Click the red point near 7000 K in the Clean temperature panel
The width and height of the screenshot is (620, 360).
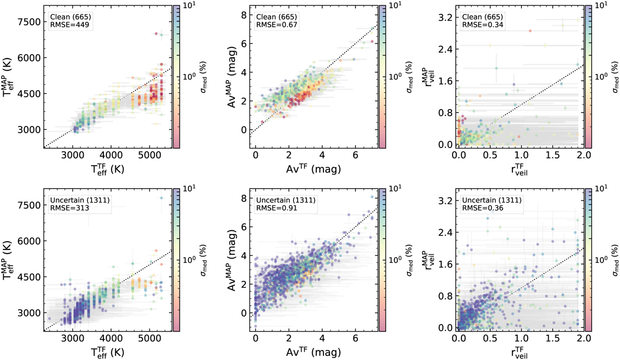(156, 34)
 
